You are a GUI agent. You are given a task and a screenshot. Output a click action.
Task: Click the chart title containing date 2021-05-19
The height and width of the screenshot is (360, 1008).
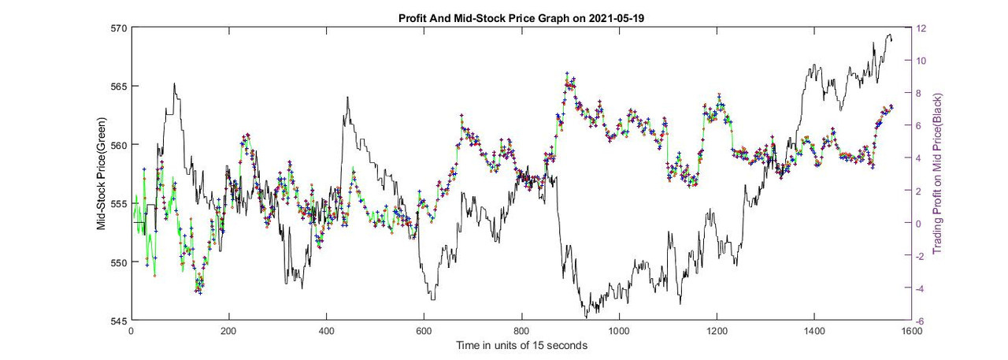point(521,17)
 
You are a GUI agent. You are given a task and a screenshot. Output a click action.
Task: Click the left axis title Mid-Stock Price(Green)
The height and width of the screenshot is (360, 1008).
point(101,174)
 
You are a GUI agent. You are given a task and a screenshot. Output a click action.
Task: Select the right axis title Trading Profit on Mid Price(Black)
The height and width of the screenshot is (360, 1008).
point(937,174)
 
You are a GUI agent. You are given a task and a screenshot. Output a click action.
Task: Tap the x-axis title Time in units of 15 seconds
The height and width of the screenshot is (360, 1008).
point(521,345)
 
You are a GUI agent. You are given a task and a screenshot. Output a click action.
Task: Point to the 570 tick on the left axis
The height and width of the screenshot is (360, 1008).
point(120,28)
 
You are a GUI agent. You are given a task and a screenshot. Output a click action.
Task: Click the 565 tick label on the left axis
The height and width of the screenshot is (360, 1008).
point(120,87)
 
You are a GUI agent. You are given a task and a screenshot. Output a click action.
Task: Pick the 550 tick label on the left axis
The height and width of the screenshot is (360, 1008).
point(120,262)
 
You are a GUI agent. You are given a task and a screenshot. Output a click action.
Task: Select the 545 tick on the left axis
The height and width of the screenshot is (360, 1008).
point(120,321)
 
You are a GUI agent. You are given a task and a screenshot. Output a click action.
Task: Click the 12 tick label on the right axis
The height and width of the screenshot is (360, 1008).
point(920,28)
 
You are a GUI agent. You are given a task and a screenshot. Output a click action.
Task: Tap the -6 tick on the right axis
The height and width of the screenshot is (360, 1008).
point(920,321)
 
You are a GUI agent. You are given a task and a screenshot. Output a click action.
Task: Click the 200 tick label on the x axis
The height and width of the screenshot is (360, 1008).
point(228,331)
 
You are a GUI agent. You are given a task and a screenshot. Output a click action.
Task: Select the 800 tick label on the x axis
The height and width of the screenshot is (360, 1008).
point(521,331)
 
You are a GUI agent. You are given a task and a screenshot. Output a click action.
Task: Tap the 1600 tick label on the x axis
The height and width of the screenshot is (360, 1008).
point(911,331)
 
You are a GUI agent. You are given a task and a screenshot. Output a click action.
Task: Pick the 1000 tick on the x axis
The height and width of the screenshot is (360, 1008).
point(619,331)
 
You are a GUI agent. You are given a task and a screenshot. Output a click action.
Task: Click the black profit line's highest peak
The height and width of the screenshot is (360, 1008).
point(889,35)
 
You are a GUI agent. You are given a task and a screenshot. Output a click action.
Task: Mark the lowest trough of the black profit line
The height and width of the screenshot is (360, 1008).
point(585,317)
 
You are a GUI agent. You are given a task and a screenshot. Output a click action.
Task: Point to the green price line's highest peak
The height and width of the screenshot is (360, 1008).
point(566,73)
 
